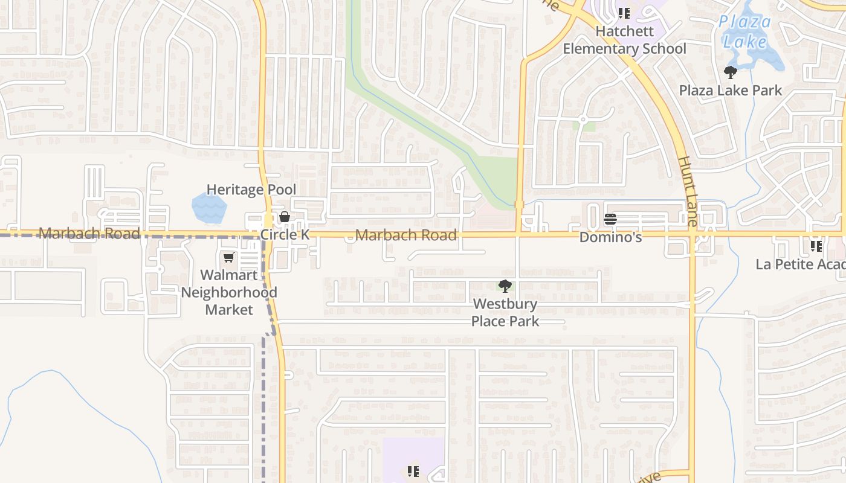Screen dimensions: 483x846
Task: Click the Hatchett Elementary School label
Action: click(x=624, y=40)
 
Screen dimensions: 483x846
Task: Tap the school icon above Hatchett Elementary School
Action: click(x=624, y=13)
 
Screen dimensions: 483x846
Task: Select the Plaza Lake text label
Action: click(x=744, y=32)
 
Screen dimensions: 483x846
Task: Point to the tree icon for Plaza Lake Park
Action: click(x=731, y=73)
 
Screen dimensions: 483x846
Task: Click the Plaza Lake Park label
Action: click(x=730, y=91)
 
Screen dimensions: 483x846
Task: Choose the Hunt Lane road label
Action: click(x=688, y=191)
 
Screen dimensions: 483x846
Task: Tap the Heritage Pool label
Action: click(x=251, y=190)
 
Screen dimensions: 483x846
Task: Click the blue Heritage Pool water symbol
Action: click(x=209, y=208)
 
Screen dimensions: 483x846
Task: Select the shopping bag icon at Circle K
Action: click(x=284, y=217)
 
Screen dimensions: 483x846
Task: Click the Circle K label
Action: click(x=285, y=234)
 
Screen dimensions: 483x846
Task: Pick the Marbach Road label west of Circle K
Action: click(x=89, y=233)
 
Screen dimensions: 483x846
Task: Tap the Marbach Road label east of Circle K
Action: click(x=405, y=235)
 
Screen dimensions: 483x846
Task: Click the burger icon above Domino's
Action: click(x=610, y=220)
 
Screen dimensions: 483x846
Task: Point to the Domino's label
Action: click(x=610, y=237)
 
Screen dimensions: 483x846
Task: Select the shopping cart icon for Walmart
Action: click(x=229, y=258)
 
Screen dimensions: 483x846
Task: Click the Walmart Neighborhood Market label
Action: click(x=229, y=292)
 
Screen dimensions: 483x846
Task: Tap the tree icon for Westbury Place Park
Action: click(x=505, y=286)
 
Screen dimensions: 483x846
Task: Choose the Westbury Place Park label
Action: click(x=505, y=312)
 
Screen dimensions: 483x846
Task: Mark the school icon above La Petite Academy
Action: click(x=816, y=246)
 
